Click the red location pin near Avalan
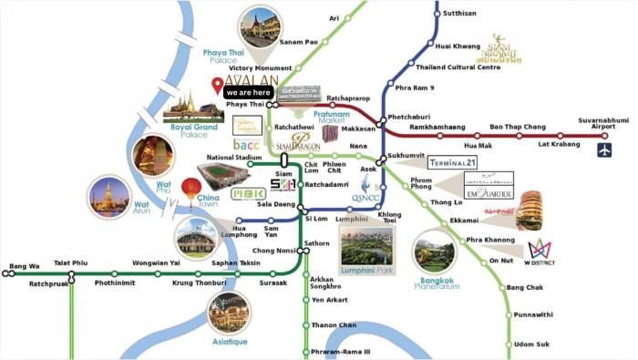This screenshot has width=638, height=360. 217,87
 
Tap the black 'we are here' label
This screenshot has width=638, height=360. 249,92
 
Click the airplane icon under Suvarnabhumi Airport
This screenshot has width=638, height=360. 603,149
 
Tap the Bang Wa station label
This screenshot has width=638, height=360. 25,266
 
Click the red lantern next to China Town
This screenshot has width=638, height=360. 190,189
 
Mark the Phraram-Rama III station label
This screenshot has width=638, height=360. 341,352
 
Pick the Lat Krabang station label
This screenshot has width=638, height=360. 557,144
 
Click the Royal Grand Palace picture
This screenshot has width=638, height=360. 193,108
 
